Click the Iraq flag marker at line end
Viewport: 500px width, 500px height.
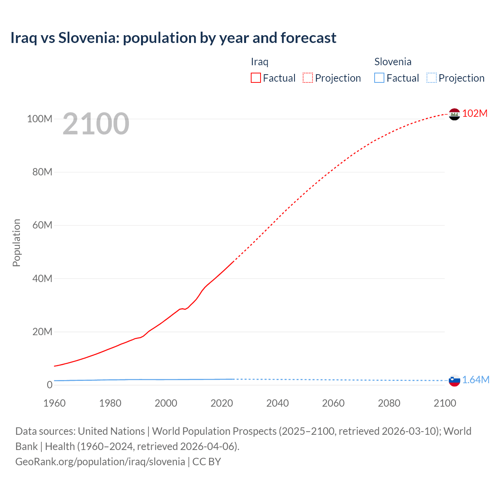[454, 114]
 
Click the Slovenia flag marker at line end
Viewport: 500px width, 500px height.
[454, 380]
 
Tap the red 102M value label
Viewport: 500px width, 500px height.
[475, 113]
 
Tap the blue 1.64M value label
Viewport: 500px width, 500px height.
[476, 380]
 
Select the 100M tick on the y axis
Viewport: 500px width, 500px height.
[39, 119]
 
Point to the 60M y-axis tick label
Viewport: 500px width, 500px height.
[42, 225]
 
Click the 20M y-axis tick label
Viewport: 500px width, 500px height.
[42, 332]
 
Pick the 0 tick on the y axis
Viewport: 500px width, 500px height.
[50, 385]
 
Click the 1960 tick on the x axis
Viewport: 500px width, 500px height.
[54, 403]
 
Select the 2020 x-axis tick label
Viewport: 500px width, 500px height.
[221, 403]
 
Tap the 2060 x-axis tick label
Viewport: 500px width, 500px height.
[333, 403]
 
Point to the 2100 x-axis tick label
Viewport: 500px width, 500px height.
[445, 403]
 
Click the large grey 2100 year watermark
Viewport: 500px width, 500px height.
[96, 124]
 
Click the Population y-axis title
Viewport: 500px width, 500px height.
[16, 243]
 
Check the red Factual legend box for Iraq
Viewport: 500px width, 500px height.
[256, 78]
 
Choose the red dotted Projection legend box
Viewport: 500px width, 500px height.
[308, 78]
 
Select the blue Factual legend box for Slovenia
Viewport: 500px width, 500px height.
[379, 78]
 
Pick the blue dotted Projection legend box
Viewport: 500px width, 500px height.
[432, 78]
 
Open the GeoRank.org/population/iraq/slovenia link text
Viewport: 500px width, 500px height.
[100, 461]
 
